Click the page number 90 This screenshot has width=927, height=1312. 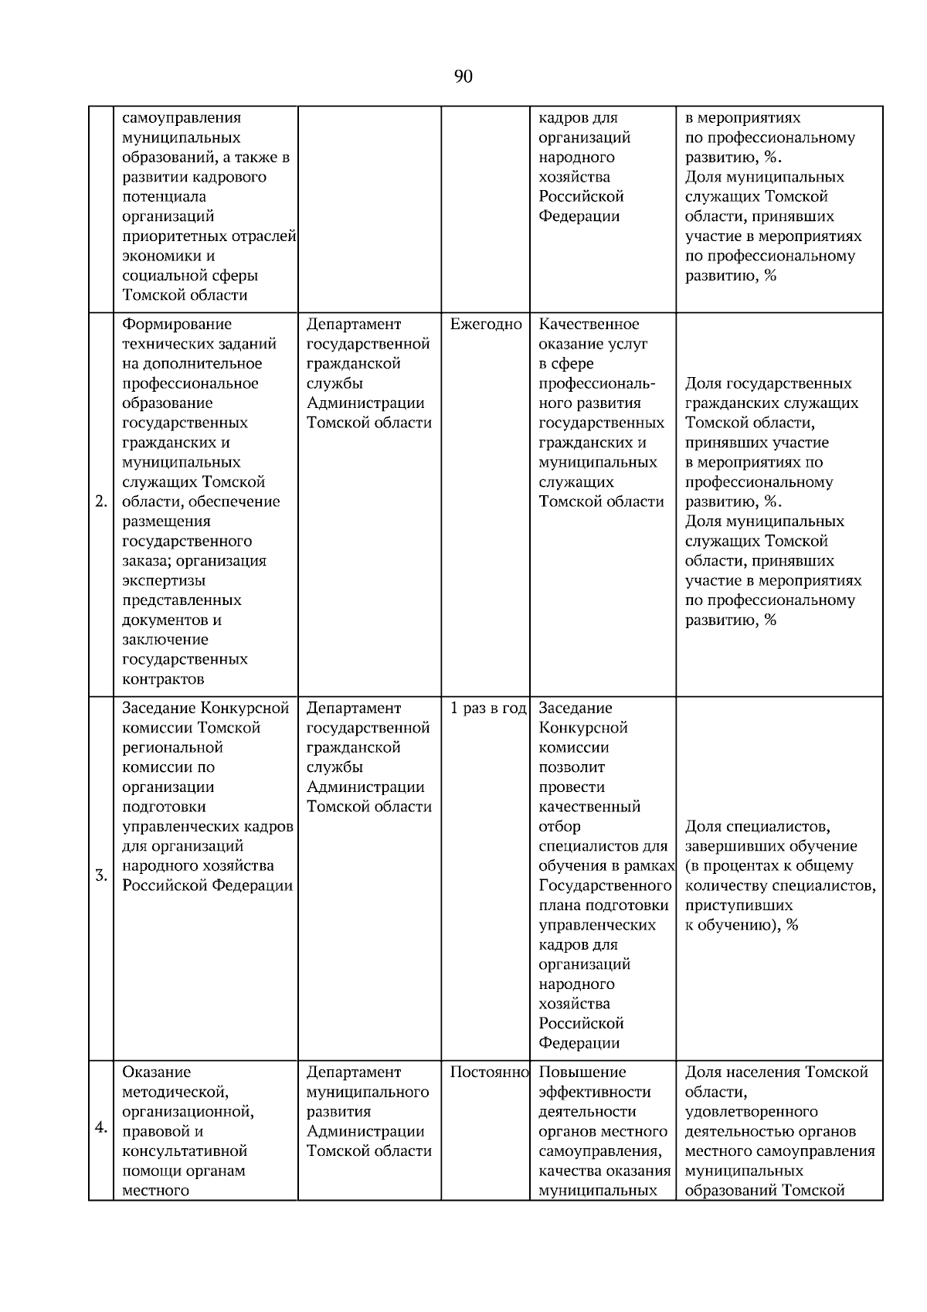click(463, 76)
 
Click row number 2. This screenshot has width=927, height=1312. click(101, 502)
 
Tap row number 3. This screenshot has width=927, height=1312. click(101, 876)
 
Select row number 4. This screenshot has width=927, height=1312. click(101, 1127)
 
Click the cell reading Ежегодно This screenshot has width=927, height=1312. click(486, 325)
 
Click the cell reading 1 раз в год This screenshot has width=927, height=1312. click(487, 709)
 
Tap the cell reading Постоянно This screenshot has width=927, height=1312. click(488, 1072)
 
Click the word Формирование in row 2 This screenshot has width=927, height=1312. click(177, 325)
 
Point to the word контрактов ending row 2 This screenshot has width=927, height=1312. click(163, 679)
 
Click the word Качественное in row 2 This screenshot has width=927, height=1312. click(589, 325)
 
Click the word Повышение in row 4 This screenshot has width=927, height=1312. click(582, 1072)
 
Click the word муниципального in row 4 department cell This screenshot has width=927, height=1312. click(367, 1093)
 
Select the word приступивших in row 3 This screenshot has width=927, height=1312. click(739, 906)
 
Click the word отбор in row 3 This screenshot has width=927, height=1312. click(559, 827)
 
